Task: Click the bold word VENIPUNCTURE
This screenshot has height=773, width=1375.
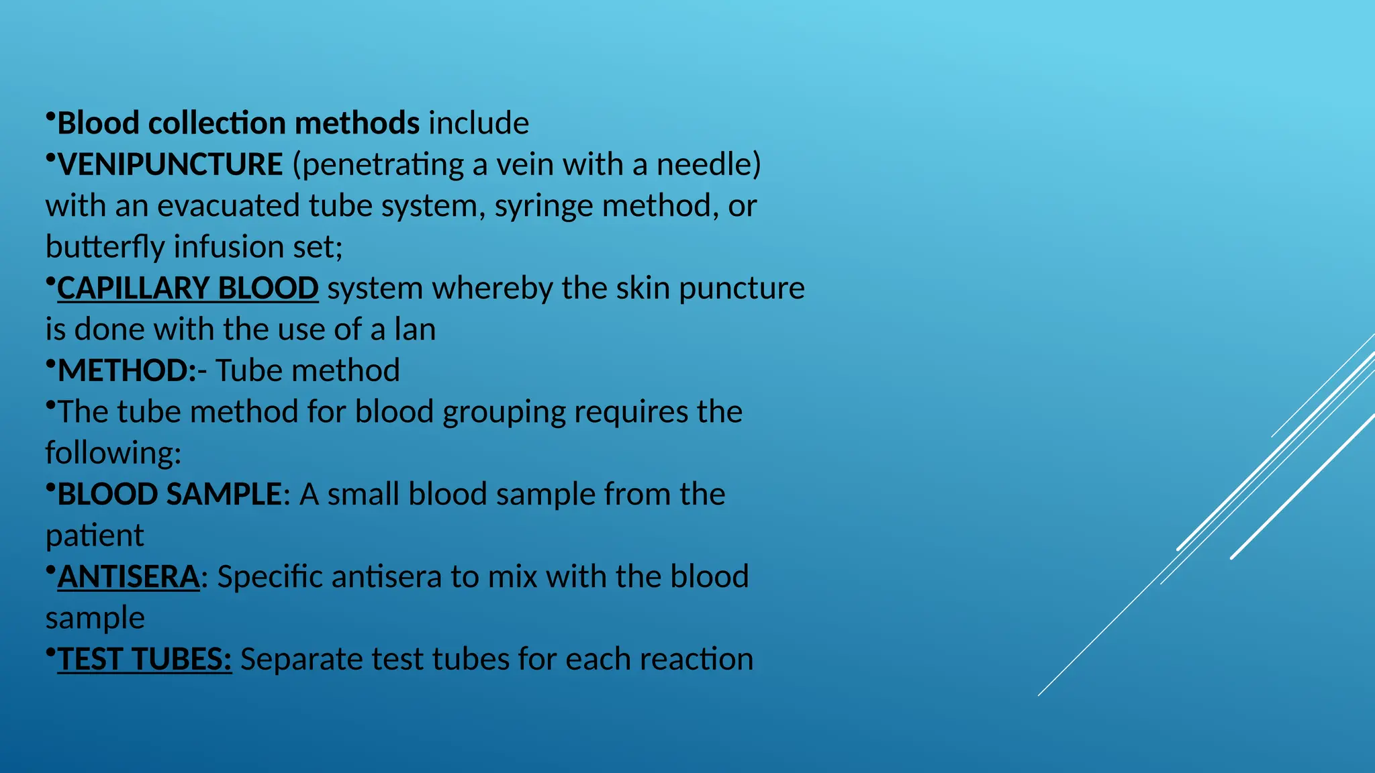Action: (171, 165)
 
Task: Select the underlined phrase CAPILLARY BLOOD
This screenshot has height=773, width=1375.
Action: (187, 289)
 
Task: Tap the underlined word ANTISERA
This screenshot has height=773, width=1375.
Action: (128, 577)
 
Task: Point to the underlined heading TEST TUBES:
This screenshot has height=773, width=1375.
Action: (144, 660)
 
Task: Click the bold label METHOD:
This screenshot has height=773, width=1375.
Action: (127, 371)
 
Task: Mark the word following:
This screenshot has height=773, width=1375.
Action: (113, 454)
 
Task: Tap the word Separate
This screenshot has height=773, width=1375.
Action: (301, 660)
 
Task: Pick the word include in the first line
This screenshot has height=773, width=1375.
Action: (479, 123)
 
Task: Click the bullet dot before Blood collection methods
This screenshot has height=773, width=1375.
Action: (50, 117)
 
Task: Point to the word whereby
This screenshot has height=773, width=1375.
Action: (493, 289)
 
